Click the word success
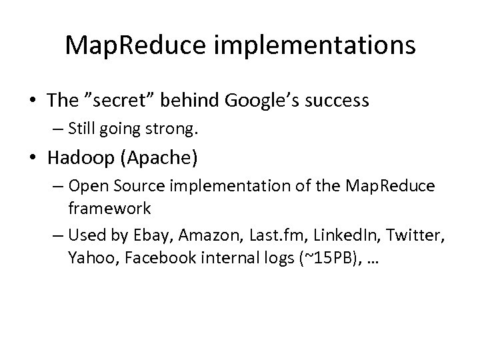tap(337, 101)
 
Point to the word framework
tap(109, 208)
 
